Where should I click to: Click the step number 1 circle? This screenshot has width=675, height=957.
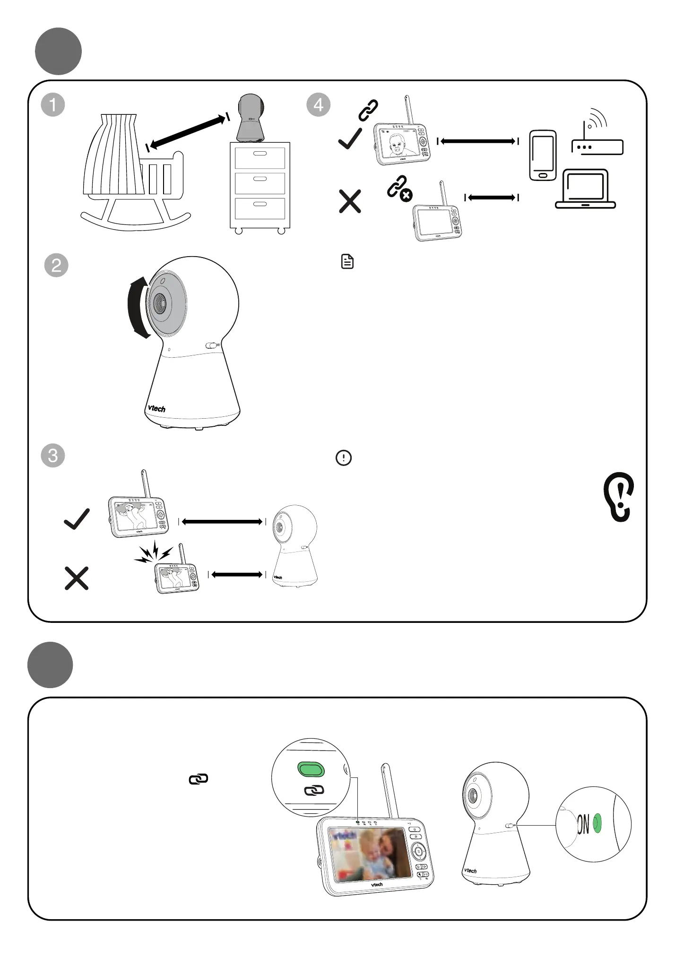click(x=53, y=104)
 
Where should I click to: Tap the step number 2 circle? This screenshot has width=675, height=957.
click(x=56, y=265)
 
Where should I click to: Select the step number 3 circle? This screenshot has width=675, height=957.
click(x=53, y=456)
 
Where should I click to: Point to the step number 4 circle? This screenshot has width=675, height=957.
click(x=319, y=104)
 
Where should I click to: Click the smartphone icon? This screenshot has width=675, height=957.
click(x=543, y=155)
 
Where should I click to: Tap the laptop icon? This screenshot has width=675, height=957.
click(x=585, y=189)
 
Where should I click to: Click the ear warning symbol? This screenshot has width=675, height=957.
click(x=619, y=497)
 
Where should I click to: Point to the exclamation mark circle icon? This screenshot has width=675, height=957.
click(x=344, y=458)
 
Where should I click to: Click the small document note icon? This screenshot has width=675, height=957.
click(x=347, y=261)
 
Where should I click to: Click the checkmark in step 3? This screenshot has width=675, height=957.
click(x=77, y=519)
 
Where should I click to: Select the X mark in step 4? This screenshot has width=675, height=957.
click(x=350, y=201)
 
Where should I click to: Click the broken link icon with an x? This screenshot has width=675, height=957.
click(x=399, y=189)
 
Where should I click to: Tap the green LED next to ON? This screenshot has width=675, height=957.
click(x=597, y=823)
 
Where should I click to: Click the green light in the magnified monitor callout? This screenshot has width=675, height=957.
click(x=311, y=769)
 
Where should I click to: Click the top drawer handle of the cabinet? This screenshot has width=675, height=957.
click(x=260, y=154)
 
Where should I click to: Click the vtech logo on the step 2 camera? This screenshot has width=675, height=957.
click(x=156, y=407)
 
